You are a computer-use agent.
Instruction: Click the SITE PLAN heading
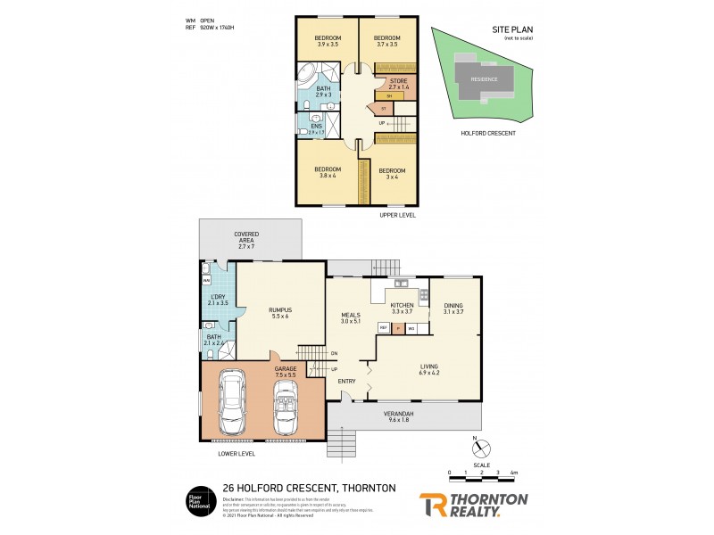point(511,29)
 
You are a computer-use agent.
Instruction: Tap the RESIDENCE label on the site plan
point(485,78)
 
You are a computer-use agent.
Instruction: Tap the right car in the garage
point(288,407)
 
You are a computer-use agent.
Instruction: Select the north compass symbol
point(476,443)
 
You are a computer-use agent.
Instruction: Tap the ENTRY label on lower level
point(346,382)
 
